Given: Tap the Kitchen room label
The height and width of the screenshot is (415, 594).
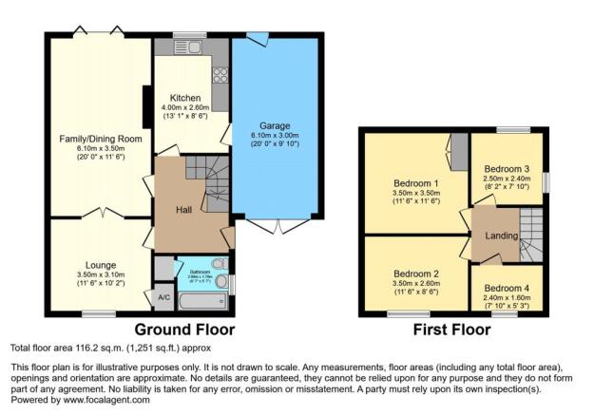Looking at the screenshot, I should point(184,98).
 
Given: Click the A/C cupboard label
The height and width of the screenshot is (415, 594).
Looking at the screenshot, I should point(163,297).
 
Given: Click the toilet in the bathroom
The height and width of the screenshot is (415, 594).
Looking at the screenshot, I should point(220,264).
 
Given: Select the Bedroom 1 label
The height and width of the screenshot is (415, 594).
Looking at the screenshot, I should point(415,183).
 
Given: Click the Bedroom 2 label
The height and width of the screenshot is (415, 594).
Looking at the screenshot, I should point(414,274).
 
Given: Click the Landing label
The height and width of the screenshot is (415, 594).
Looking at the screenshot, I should point(501,236).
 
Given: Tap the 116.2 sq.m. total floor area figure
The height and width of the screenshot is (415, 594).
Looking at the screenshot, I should point(97,349).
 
